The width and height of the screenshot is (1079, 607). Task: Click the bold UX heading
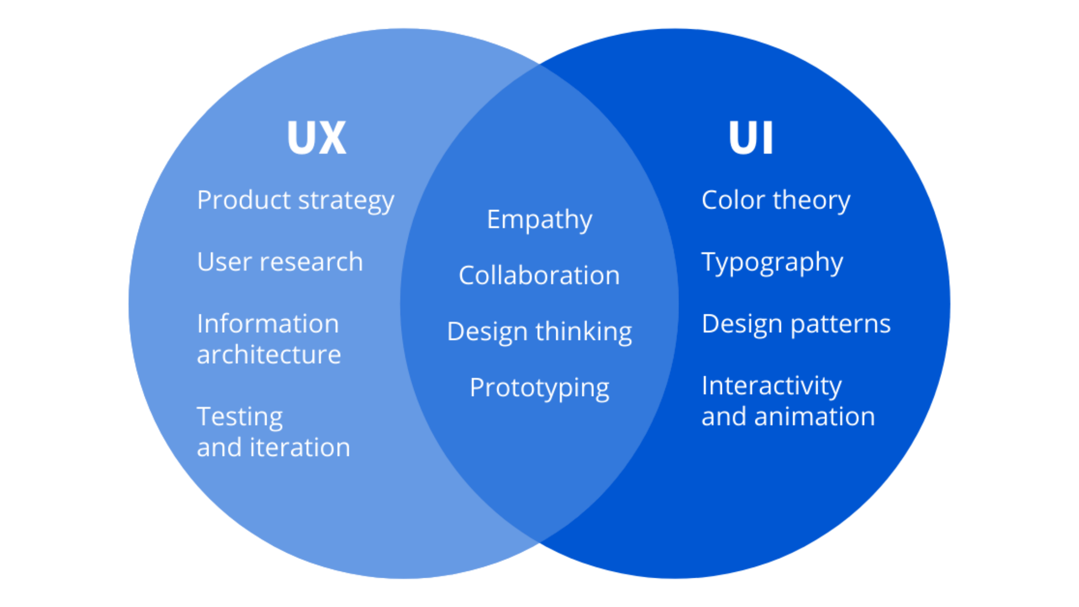pos(317,138)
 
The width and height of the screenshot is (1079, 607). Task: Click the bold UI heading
pos(750,138)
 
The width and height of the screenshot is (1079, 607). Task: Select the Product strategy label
pos(295,201)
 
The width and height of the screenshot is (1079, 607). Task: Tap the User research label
pos(280,262)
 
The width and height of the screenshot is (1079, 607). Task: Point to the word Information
pos(268,324)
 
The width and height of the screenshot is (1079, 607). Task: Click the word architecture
pos(269,355)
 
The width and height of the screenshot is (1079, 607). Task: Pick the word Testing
pos(240,417)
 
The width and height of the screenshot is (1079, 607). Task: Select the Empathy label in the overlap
pos(539,220)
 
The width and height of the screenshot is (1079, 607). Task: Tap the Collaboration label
pos(539,275)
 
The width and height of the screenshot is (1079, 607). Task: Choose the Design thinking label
pos(539,332)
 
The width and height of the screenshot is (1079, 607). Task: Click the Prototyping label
pos(539,388)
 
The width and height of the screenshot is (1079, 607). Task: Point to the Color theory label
pos(776,201)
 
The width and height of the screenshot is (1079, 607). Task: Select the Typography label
pos(772,263)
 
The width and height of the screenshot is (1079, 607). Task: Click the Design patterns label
pos(796,324)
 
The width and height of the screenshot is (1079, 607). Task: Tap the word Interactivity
pos(771,386)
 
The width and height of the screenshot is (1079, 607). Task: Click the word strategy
pos(346,201)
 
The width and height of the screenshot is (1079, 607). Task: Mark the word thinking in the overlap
pos(584,332)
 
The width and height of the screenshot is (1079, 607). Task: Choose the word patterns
pos(840,324)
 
